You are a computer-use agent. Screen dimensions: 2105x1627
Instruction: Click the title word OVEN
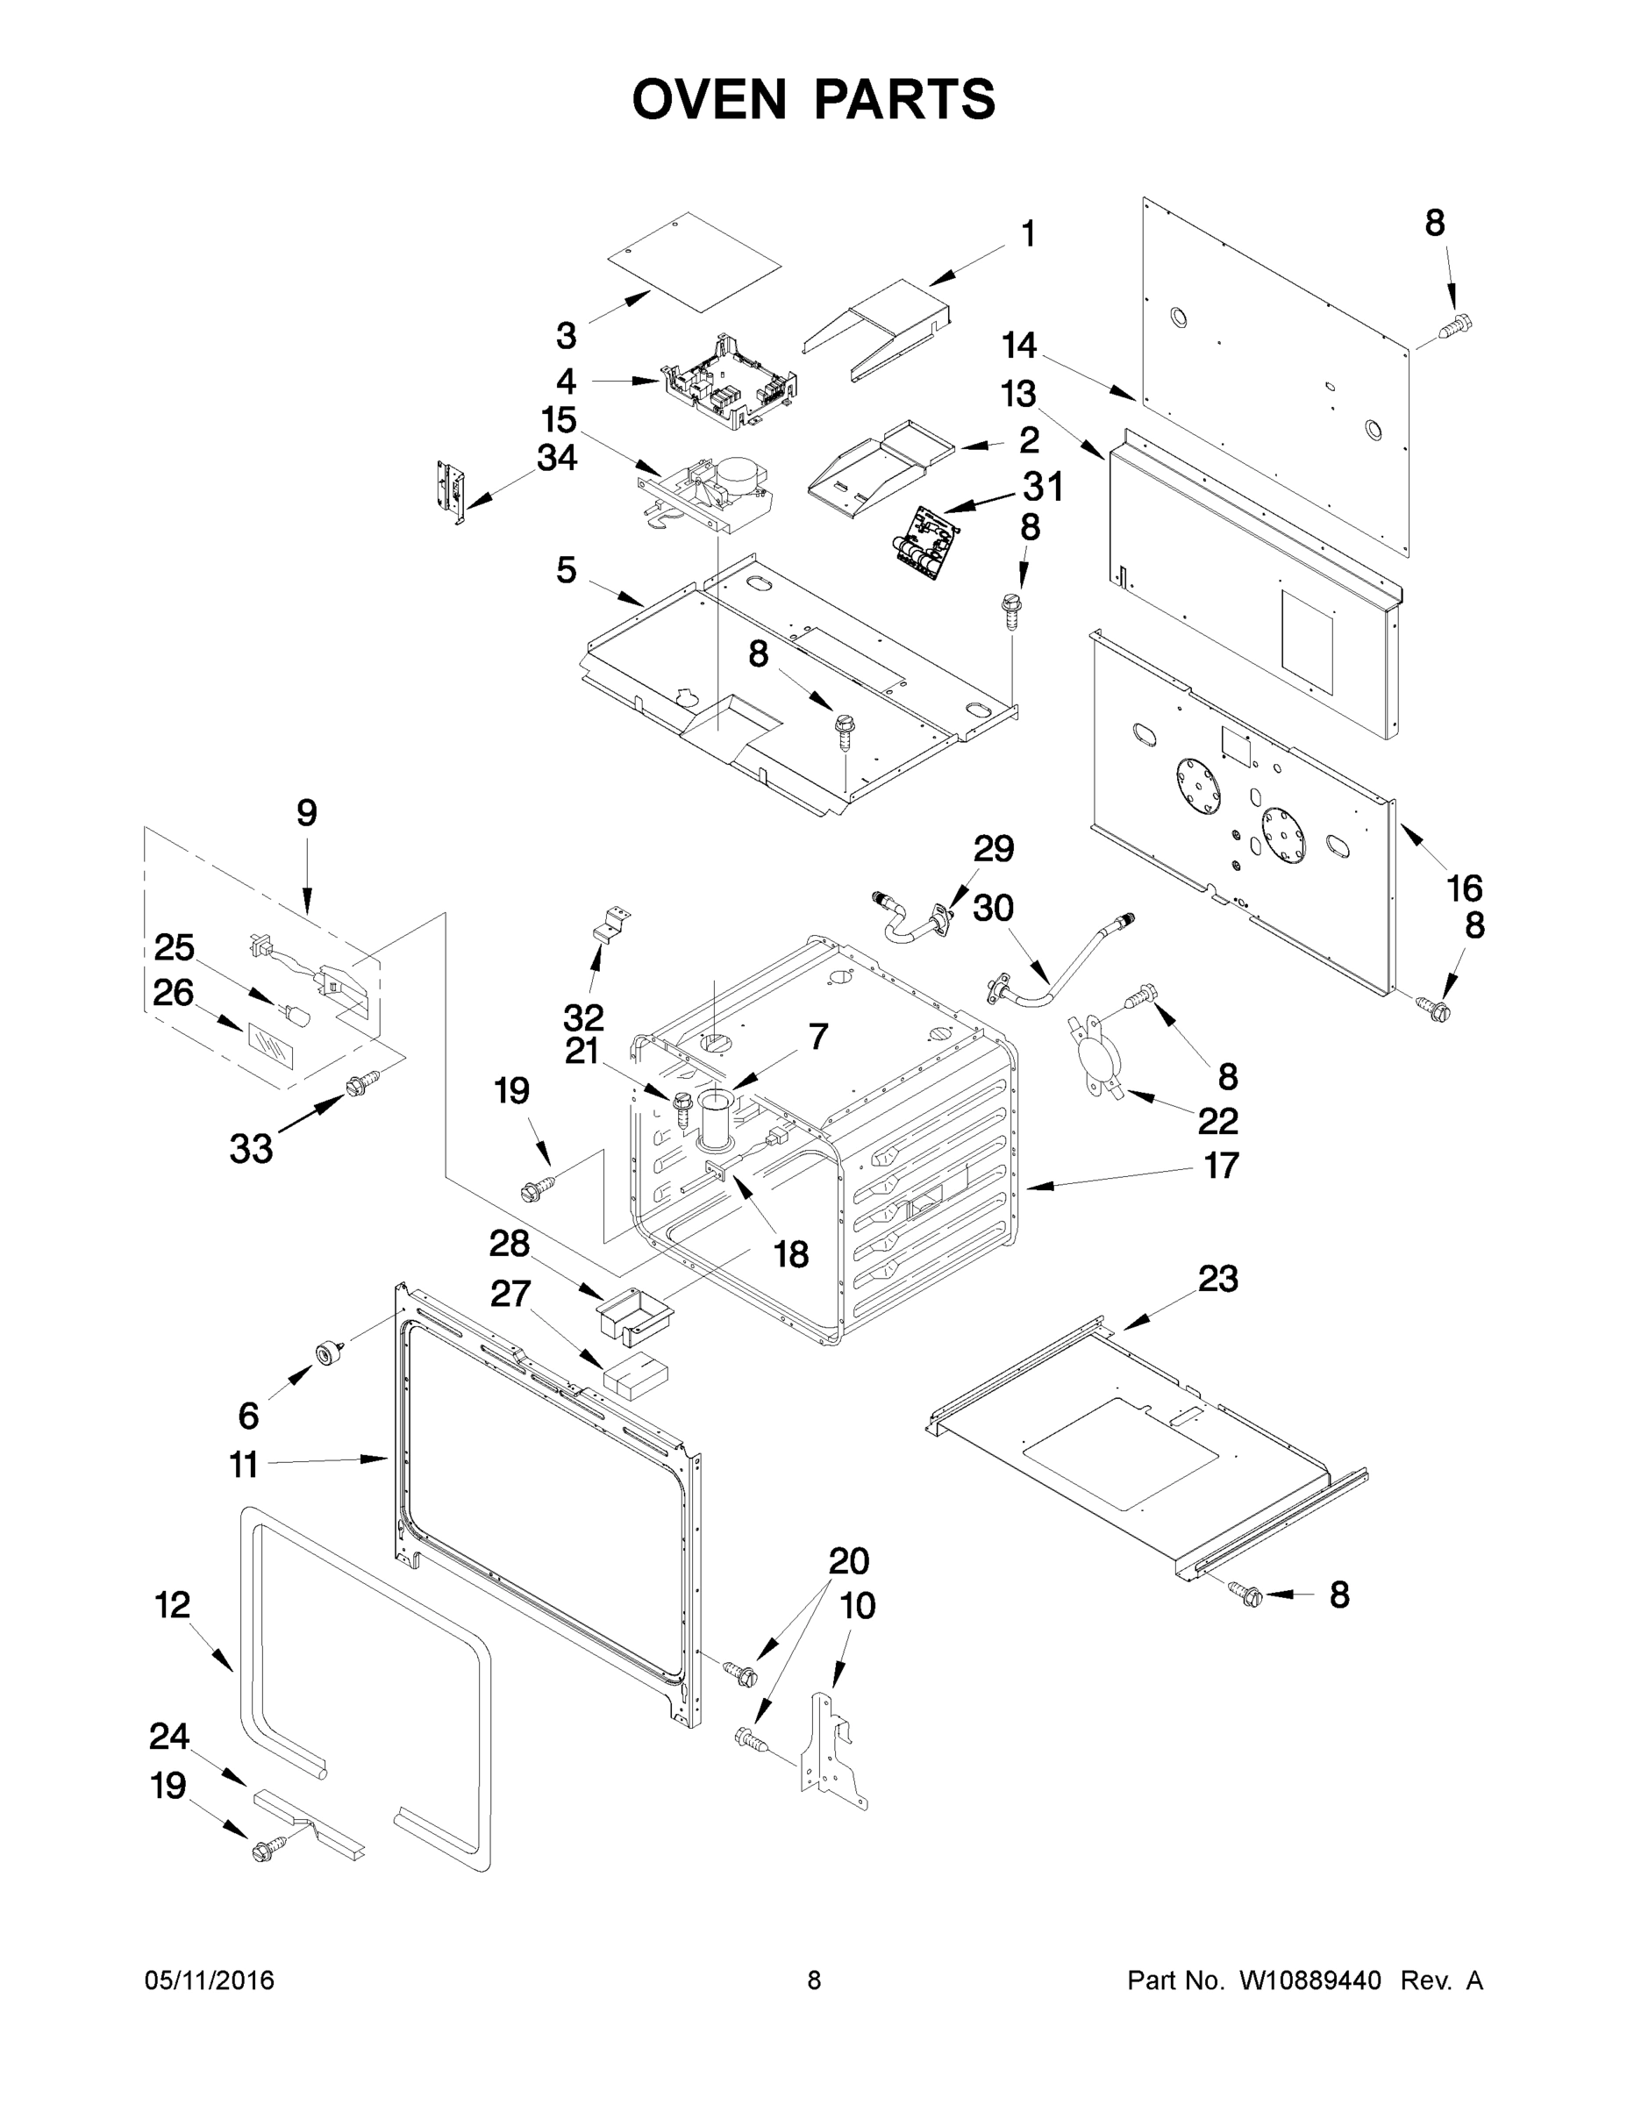[x=710, y=99]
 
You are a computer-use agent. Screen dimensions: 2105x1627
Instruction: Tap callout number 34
[x=557, y=458]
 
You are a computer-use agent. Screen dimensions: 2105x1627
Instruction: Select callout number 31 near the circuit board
[x=1042, y=487]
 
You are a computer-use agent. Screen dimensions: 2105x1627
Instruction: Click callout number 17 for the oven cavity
[x=1221, y=1166]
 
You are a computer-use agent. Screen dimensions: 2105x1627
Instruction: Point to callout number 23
[x=1217, y=1279]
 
